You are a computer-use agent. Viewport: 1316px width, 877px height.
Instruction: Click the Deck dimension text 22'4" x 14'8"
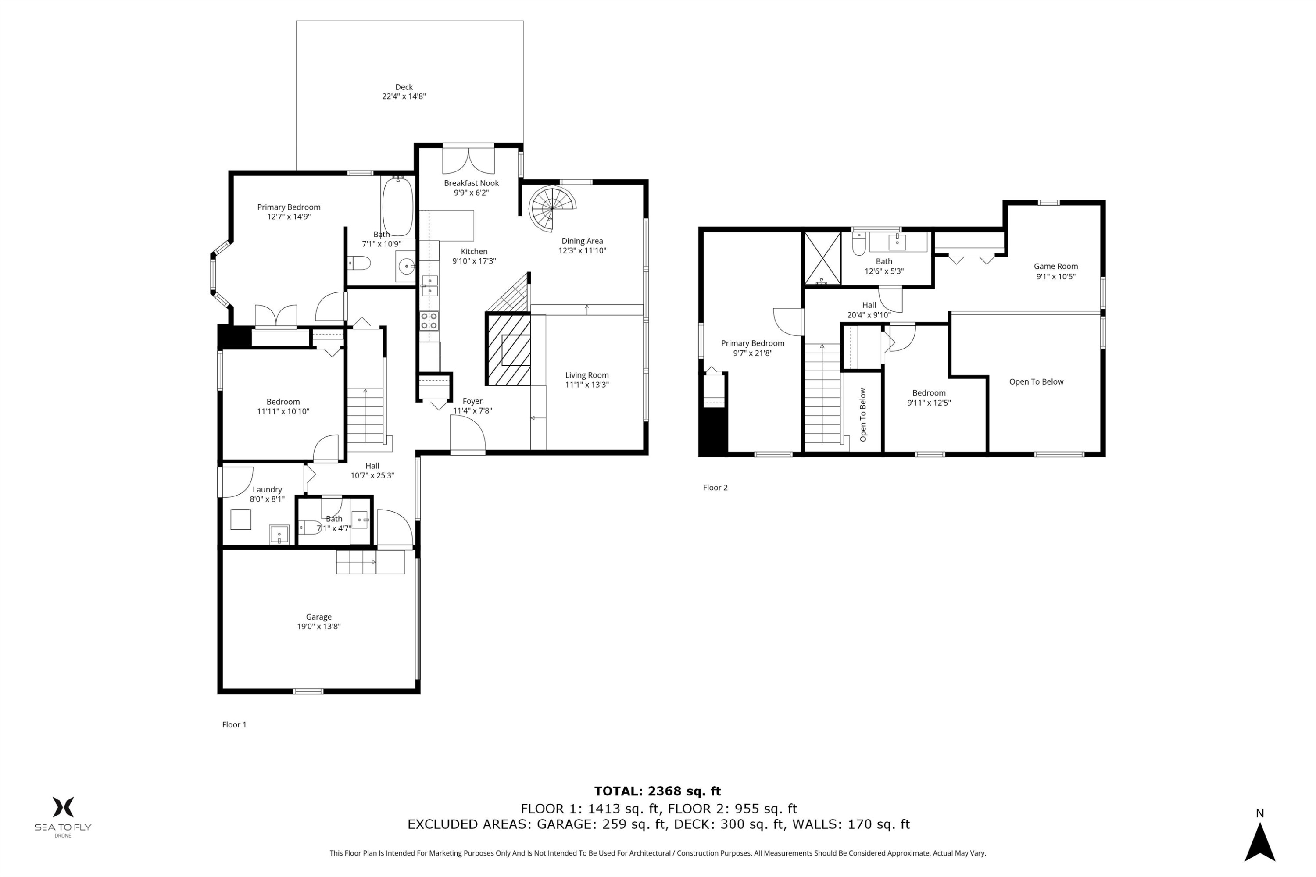tap(404, 96)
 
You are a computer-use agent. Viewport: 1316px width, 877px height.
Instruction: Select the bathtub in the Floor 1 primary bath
tap(398, 207)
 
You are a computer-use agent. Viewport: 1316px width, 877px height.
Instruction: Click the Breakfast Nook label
tap(471, 183)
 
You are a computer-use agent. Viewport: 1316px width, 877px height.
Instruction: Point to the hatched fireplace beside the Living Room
tap(508, 349)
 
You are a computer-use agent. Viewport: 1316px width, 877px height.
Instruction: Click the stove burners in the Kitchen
tap(429, 321)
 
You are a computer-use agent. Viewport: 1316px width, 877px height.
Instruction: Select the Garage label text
tap(318, 617)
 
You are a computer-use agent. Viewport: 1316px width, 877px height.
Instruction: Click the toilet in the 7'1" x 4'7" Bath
tap(309, 527)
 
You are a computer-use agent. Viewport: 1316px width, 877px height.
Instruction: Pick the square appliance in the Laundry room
tap(240, 519)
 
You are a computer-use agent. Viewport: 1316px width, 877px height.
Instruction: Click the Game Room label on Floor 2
tap(1055, 266)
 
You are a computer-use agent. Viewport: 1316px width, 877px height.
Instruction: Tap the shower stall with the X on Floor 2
tap(822, 258)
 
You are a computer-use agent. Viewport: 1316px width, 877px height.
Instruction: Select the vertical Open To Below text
tap(863, 414)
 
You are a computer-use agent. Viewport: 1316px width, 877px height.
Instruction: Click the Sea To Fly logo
tap(63, 816)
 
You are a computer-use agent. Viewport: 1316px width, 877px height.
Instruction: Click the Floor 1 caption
tap(234, 724)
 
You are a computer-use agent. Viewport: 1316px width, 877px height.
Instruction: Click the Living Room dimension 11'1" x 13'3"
tap(586, 385)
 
